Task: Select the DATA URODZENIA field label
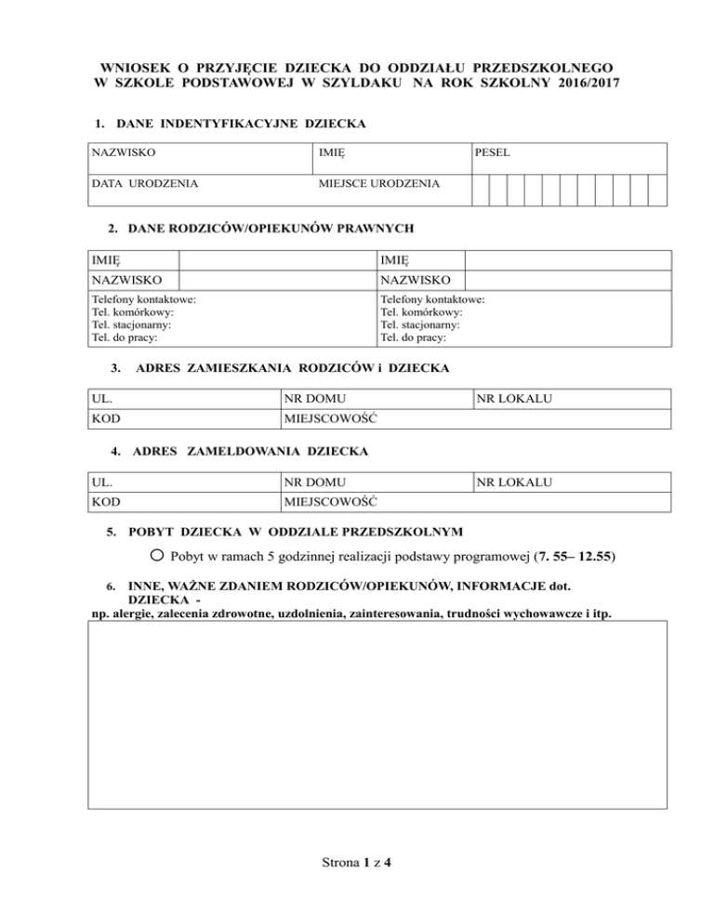[x=143, y=184]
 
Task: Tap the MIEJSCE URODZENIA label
[x=379, y=184]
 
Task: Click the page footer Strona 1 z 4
[x=356, y=863]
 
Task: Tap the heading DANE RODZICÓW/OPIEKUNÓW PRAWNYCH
[x=271, y=228]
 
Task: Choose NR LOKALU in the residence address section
[x=514, y=399]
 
